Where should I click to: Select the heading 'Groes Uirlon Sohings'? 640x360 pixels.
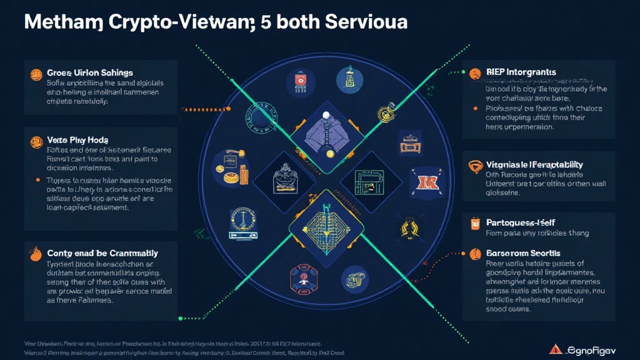[x=90, y=74]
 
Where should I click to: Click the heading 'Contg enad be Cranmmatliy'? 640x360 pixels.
[x=102, y=253]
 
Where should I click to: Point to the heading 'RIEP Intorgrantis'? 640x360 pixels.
[x=521, y=72]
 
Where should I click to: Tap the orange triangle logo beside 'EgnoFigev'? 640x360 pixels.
[x=553, y=349]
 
